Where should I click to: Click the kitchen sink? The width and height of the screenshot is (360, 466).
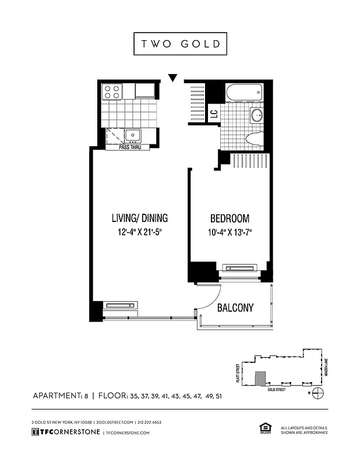coord(133,136)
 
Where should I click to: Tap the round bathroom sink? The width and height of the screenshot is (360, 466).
coord(256,115)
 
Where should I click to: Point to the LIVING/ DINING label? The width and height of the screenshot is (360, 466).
coord(139,219)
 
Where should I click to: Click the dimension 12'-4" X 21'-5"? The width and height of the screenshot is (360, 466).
coord(139,233)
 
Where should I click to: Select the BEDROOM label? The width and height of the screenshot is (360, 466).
coord(230,219)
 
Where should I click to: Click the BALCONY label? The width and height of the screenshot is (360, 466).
coord(235,308)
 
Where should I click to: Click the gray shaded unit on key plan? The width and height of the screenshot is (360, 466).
coord(261,378)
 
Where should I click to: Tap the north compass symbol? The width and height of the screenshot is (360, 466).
coord(316,393)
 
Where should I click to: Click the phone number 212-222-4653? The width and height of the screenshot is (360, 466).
coord(149,422)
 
